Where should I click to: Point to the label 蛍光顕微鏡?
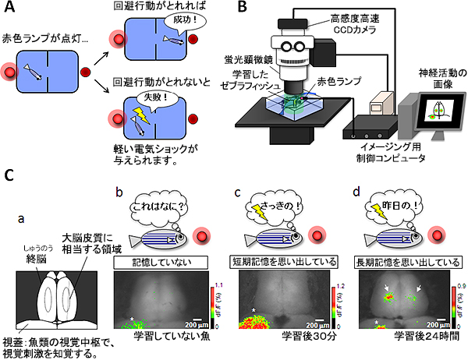[261, 59]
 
